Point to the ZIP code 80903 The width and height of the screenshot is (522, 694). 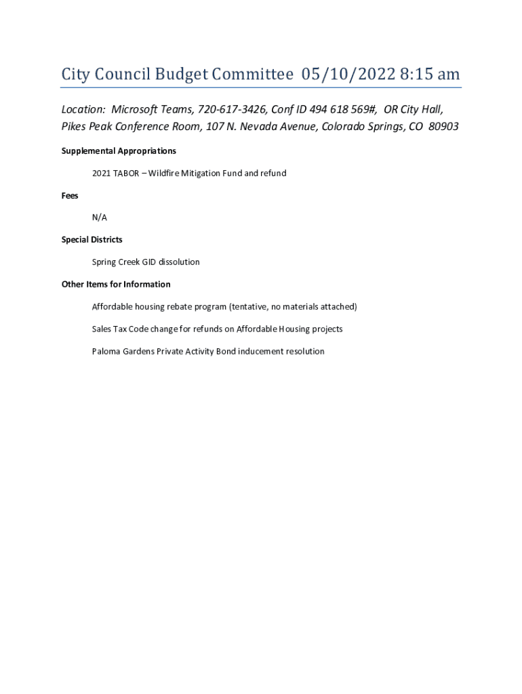(443, 127)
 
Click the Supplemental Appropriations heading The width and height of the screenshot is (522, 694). (119, 151)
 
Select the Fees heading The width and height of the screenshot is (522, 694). (70, 196)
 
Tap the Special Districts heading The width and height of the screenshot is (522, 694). (92, 240)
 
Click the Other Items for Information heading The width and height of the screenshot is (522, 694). (116, 285)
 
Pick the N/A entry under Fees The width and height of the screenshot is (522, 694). (100, 218)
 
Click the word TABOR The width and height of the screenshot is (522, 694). (127, 173)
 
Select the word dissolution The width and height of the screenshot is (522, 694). (179, 262)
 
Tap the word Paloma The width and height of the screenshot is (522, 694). (106, 352)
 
